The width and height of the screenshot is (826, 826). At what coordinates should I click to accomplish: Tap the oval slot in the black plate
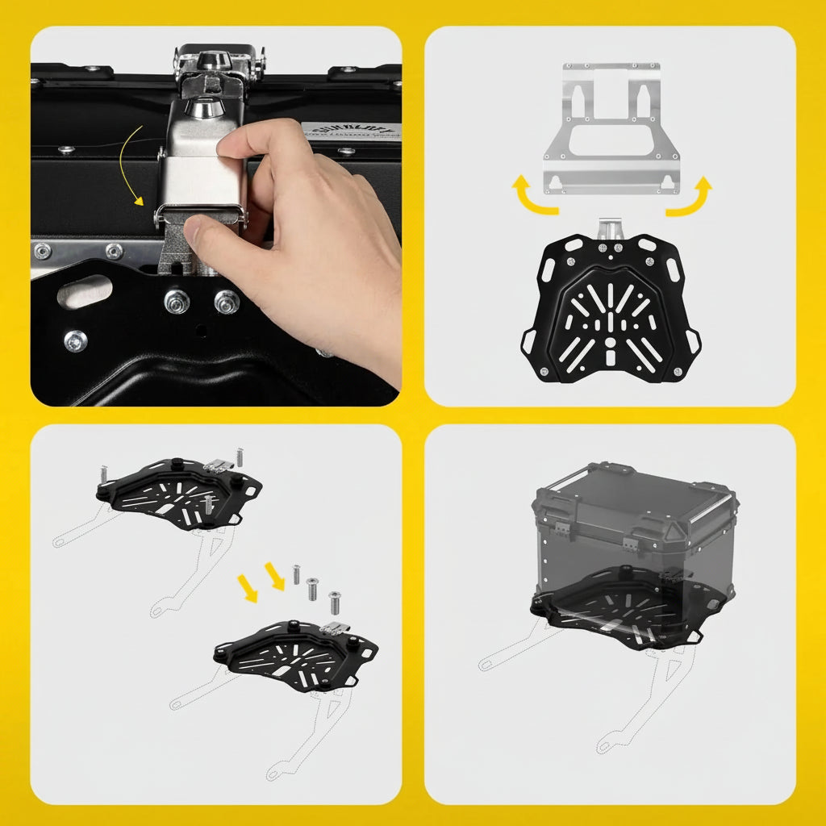[x=85, y=291]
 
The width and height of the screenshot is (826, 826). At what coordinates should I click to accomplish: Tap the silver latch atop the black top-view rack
[x=611, y=228]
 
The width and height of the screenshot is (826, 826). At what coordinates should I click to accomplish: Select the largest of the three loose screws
[x=335, y=602]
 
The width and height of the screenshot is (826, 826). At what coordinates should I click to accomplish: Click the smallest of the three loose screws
[x=297, y=574]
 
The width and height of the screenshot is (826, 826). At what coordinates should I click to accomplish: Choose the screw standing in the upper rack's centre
[x=208, y=505]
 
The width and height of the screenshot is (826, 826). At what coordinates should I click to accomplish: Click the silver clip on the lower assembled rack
[x=330, y=628]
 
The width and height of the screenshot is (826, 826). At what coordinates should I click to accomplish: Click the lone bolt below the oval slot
[x=76, y=340]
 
